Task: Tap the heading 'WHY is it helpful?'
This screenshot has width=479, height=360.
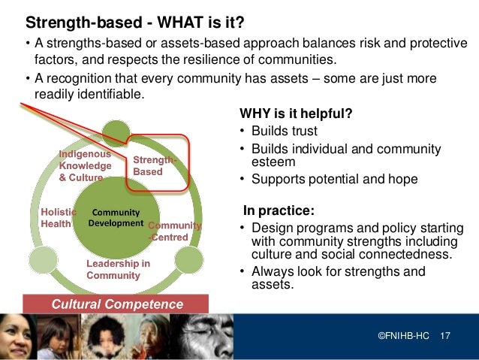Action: pos(296,114)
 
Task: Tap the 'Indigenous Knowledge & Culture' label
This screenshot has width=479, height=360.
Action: pos(86,165)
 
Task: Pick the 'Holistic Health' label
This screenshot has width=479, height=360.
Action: pos(56,217)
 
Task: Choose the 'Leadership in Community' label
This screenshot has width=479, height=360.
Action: pos(118,269)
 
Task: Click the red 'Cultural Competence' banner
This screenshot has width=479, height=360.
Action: pos(116,304)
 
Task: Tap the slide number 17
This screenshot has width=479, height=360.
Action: pos(444,334)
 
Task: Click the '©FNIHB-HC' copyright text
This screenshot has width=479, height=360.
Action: pos(404,334)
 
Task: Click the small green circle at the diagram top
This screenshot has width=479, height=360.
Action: pos(116,133)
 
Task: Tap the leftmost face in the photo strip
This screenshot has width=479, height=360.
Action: pos(17,337)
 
